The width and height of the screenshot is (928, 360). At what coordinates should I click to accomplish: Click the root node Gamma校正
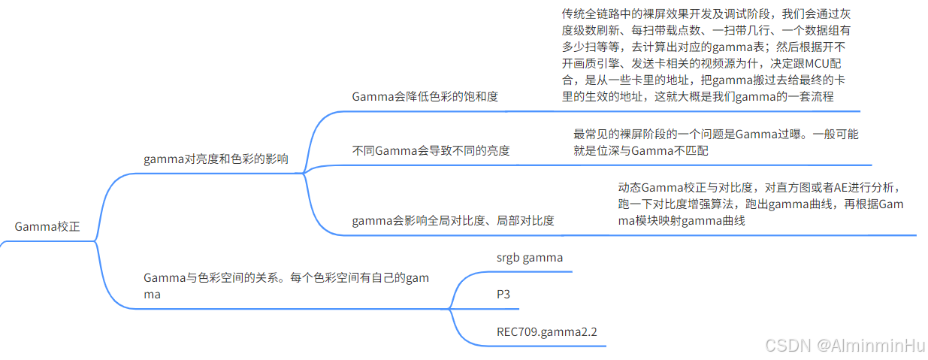[47, 226]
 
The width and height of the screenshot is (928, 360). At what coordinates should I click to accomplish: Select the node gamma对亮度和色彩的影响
[216, 159]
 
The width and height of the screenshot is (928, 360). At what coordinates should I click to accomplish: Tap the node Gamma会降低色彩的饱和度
[425, 96]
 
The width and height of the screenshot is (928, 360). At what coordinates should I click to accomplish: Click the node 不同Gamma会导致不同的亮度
[431, 150]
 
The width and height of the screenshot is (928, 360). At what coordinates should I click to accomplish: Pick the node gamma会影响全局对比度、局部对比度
[453, 220]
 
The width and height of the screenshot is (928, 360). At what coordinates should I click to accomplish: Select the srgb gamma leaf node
[529, 258]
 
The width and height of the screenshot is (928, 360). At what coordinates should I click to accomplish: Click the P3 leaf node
[503, 294]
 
